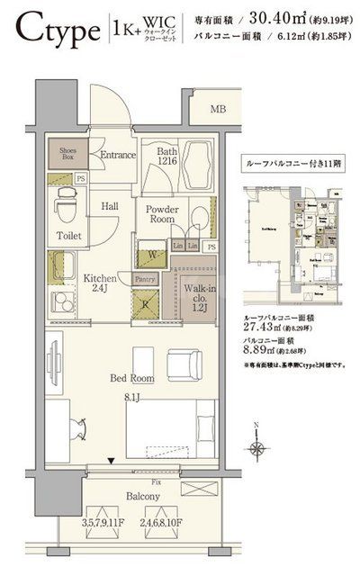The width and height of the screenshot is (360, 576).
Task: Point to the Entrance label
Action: coord(118,155)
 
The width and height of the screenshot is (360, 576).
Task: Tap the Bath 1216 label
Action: coord(167,158)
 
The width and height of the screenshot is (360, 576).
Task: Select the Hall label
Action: coord(110,206)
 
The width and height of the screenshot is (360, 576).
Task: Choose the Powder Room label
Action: coord(163,214)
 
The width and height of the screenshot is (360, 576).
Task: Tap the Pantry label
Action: coord(146,280)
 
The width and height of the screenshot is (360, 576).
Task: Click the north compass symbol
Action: coord(259,445)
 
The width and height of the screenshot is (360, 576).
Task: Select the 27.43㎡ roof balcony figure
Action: coord(265,331)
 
